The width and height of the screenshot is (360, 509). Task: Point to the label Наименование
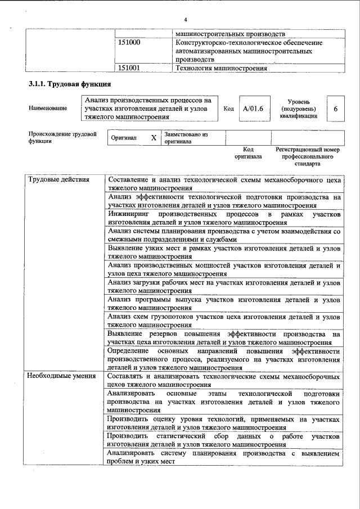click(x=47, y=109)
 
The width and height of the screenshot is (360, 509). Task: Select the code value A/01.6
click(x=253, y=109)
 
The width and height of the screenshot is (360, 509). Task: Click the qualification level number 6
click(x=335, y=109)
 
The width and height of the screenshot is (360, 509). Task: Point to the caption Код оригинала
click(x=248, y=153)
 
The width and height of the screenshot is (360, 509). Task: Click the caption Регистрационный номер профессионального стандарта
click(x=308, y=157)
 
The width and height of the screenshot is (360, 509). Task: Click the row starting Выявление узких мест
click(x=224, y=251)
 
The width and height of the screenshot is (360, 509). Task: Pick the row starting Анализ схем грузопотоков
click(x=224, y=320)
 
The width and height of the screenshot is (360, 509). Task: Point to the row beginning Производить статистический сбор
click(x=224, y=440)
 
